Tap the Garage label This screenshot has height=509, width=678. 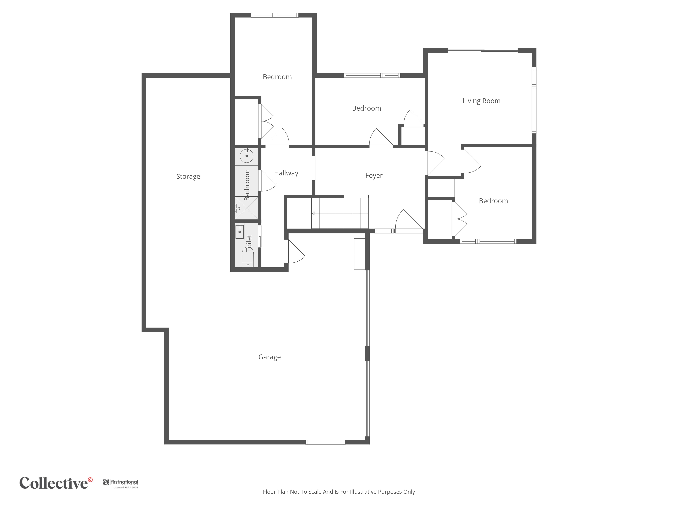point(270,357)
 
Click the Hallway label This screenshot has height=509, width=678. point(286,173)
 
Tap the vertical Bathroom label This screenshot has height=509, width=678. point(247,185)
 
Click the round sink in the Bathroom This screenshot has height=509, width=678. point(246,156)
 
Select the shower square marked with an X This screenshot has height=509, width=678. point(246,208)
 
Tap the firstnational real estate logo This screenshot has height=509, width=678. point(121,484)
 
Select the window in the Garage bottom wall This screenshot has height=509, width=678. point(325,442)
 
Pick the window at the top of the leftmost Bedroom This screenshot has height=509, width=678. point(275,15)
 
